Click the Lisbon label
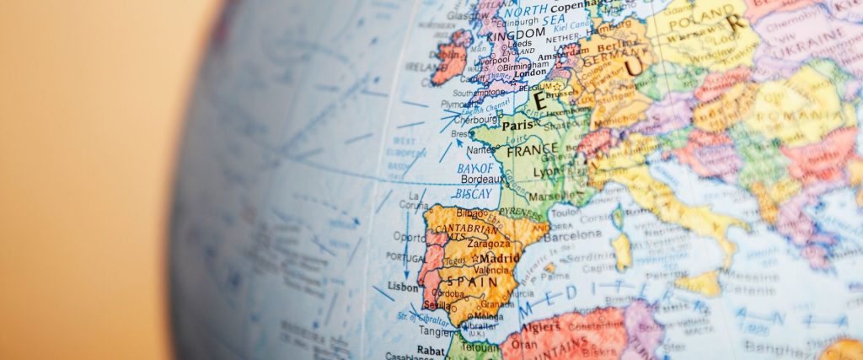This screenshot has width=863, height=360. tap(402, 287)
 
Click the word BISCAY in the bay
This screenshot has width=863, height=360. tap(473, 193)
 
